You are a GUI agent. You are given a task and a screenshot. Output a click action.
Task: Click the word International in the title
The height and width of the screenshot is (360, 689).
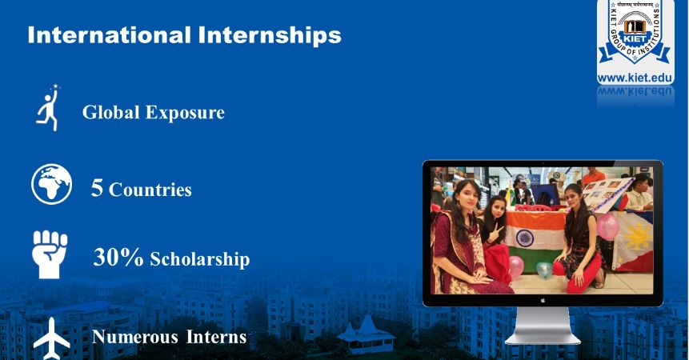pos(109,35)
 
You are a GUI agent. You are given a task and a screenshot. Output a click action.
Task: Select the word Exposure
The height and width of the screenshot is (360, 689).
pos(185,113)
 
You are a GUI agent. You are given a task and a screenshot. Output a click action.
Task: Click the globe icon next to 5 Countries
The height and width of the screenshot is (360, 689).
pos(51,183)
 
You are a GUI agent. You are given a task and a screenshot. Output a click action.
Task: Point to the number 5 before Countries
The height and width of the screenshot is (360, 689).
pos(97,188)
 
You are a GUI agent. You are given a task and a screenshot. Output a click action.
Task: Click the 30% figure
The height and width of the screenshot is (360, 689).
pos(118,258)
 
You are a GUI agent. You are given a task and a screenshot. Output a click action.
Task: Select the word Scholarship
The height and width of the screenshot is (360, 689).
pos(200,260)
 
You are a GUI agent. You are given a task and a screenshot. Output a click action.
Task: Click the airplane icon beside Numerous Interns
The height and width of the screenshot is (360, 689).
pos(51,338)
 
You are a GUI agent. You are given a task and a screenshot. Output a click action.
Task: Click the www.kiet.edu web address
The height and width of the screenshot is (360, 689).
pos(635,78)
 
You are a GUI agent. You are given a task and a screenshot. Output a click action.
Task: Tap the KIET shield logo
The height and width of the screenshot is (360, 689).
pos(635,36)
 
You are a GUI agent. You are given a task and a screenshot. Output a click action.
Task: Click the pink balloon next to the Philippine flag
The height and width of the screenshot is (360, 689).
pos(607,226)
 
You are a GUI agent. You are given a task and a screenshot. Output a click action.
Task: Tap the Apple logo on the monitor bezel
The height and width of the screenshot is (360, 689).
pos(543,301)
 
